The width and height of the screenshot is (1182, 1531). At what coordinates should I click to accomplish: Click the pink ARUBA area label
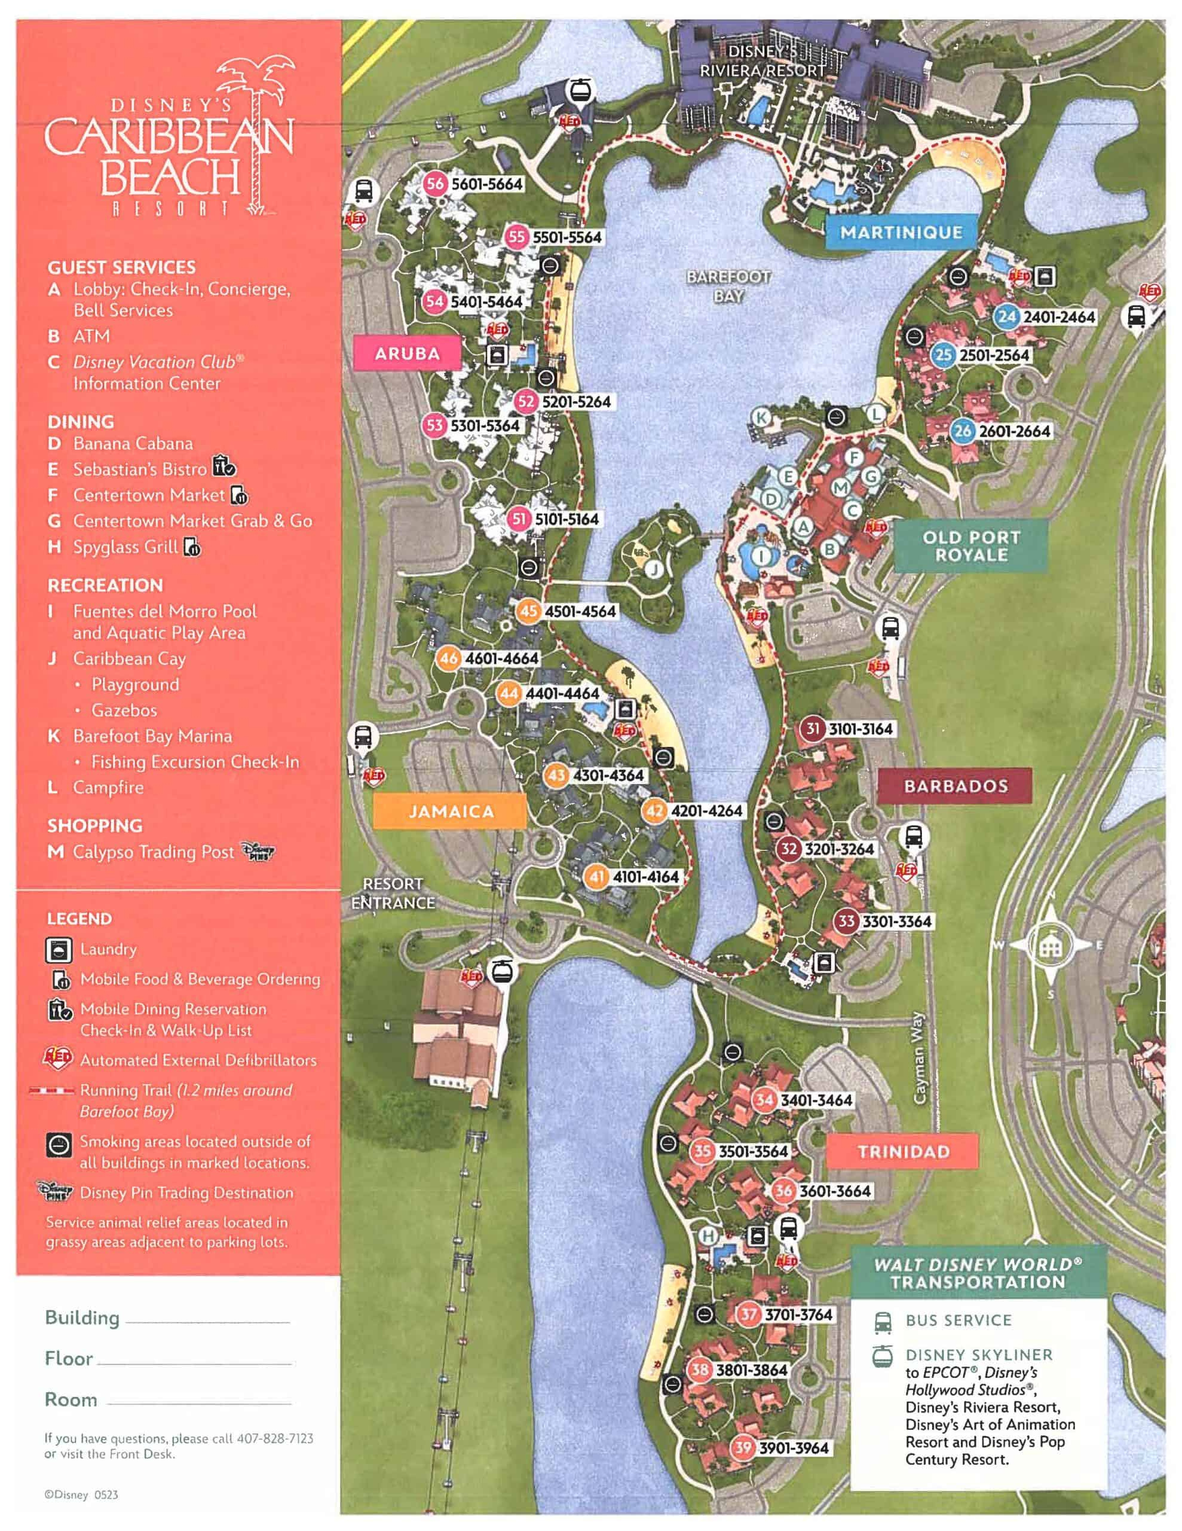407,353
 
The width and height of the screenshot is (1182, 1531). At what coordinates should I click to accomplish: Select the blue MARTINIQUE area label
901,232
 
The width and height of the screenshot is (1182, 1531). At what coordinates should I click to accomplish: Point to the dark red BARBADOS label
955,786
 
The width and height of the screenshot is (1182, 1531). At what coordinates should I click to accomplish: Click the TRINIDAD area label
903,1152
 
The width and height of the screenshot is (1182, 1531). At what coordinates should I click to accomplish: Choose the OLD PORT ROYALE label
970,546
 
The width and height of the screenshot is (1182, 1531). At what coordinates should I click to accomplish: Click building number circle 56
435,184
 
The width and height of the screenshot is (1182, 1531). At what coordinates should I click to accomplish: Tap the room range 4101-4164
645,876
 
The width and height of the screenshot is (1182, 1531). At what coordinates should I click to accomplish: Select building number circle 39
743,1448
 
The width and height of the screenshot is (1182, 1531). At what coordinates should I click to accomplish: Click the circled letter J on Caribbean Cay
654,569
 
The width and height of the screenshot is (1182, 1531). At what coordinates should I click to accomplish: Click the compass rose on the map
1048,946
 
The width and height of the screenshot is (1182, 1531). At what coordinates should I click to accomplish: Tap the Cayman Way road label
920,1058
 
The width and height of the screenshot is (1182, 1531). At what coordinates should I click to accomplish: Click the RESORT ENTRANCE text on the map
393,893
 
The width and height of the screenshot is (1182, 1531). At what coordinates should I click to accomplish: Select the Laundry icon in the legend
59,950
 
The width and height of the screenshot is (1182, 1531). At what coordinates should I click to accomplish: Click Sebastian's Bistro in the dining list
139,469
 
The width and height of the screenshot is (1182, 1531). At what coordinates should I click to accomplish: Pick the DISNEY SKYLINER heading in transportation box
978,1355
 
